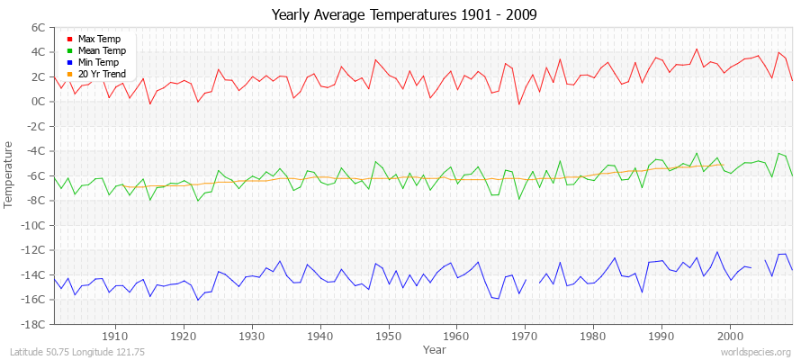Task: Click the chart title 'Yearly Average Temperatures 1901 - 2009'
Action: tap(405, 16)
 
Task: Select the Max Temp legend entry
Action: tap(98, 39)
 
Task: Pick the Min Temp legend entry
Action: tap(98, 62)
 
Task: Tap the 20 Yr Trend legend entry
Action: tap(102, 74)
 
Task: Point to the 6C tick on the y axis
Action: tap(37, 28)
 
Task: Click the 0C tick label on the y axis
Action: tap(37, 102)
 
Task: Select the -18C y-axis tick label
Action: tap(32, 324)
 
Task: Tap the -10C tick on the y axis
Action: tap(32, 225)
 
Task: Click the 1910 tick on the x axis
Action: tap(115, 337)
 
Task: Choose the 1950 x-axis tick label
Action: tap(388, 337)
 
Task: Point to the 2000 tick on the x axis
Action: tap(730, 337)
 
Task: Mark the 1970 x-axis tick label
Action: tap(525, 337)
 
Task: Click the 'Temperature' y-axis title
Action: tap(10, 175)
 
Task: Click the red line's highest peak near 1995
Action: tap(697, 49)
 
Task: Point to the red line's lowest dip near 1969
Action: tap(518, 104)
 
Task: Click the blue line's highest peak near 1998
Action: tap(717, 252)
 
